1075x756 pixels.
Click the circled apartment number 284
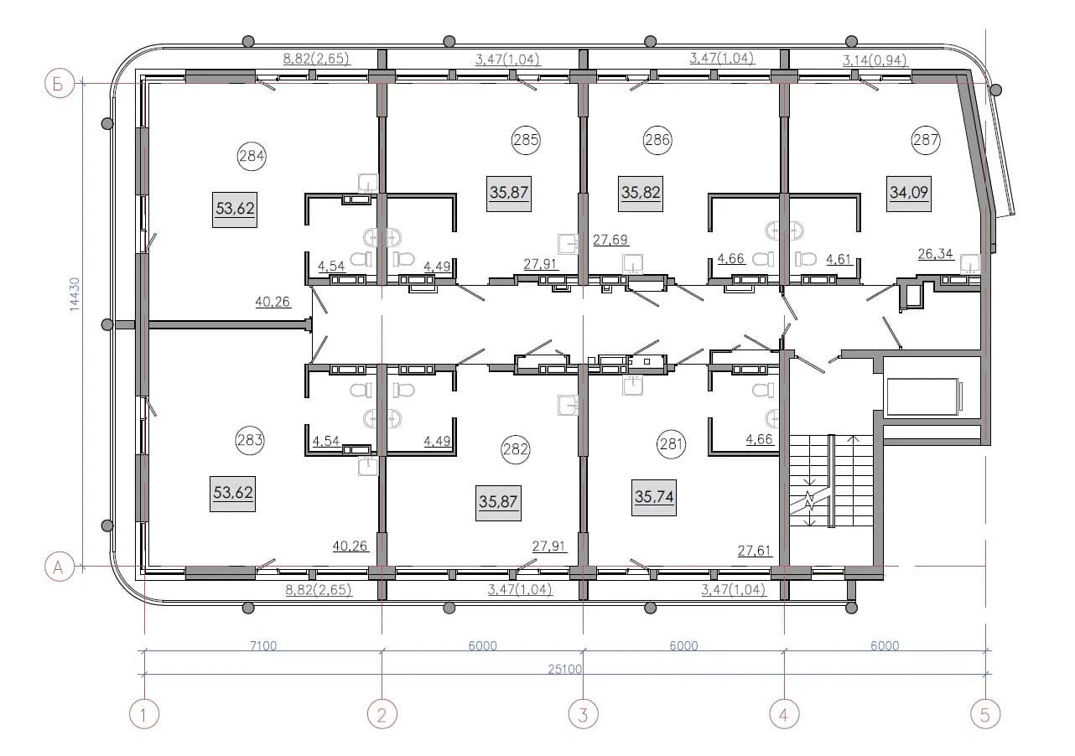[252, 156]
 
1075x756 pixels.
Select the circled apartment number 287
[926, 140]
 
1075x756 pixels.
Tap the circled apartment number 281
[671, 443]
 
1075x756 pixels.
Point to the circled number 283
[250, 440]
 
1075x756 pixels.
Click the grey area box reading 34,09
[908, 194]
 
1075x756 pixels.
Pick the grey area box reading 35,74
[654, 498]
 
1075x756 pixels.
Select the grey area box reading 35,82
[641, 194]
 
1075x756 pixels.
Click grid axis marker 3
[583, 715]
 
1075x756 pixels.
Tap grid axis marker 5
[985, 715]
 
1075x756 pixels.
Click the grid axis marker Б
[60, 84]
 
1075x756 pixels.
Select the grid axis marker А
[60, 567]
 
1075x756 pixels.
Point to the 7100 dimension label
[263, 645]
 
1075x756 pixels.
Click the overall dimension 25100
[565, 669]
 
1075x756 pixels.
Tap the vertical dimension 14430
[75, 294]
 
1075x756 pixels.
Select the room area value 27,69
[610, 240]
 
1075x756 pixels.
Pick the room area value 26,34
[935, 254]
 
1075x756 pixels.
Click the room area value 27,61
[755, 550]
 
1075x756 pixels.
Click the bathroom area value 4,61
[839, 259]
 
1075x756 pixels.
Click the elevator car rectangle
[923, 396]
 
